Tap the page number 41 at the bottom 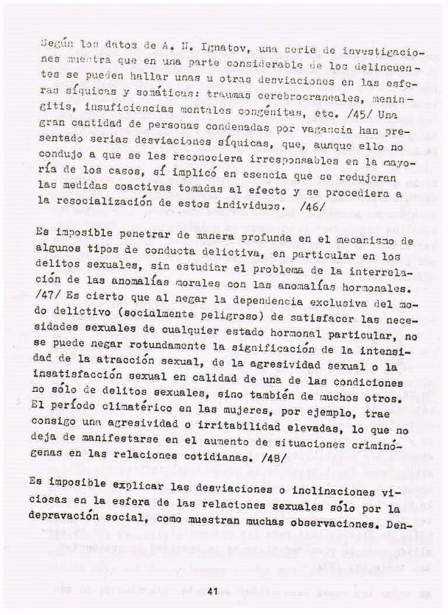coord(213,590)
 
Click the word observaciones coord(344,517)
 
